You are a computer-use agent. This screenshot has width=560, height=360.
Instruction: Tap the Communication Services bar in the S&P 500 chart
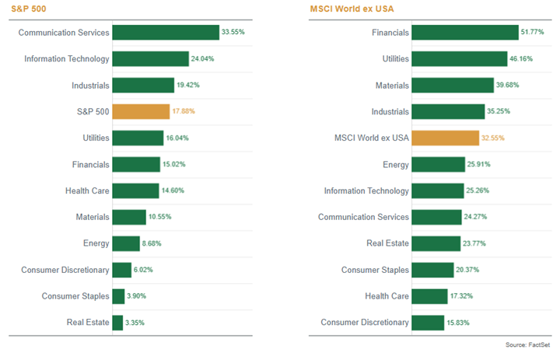[166, 33]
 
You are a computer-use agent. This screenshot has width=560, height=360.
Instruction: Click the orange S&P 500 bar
[141, 111]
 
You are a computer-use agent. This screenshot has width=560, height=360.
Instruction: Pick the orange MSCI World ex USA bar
[445, 138]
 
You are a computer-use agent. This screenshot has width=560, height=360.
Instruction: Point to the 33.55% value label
[235, 33]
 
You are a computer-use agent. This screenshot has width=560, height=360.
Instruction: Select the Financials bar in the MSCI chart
[464, 33]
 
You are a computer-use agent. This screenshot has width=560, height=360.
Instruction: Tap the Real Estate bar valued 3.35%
[118, 322]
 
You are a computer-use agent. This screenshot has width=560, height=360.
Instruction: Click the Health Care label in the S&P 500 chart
[87, 190]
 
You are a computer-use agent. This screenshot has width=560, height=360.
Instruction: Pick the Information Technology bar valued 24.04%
[151, 59]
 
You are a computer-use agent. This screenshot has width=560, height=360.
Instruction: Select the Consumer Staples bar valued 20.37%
[432, 269]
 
